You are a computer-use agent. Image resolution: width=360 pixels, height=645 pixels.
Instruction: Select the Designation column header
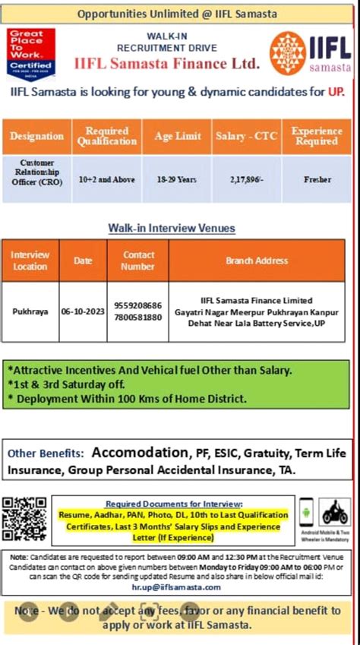[36, 136]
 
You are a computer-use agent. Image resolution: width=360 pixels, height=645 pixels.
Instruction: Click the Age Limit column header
[178, 136]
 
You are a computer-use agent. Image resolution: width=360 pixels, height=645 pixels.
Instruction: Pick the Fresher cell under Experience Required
[317, 179]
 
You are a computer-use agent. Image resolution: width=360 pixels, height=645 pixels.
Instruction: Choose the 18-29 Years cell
[177, 179]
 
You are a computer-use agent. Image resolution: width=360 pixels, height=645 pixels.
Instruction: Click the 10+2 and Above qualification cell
[107, 179]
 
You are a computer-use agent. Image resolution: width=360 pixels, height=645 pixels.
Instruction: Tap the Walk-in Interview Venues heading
[172, 228]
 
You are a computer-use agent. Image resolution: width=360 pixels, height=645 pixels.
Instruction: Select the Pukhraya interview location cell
[30, 311]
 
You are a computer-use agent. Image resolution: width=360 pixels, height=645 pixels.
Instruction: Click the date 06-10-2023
[83, 311]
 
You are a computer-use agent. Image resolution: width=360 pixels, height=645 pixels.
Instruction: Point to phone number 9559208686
[137, 305]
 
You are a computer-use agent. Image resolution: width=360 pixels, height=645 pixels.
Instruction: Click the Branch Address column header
[256, 261]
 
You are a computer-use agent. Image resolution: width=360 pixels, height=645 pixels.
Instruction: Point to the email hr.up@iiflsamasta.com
[177, 587]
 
